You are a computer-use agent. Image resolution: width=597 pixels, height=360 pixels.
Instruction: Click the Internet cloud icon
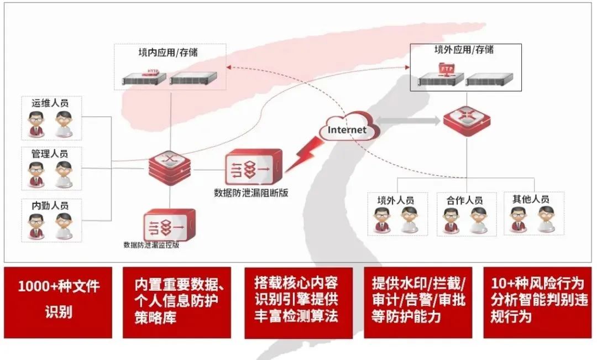tap(348, 129)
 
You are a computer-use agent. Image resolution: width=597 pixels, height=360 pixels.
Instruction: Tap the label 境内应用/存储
tap(168, 53)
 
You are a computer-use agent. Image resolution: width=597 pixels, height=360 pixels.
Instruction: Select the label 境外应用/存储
tap(464, 50)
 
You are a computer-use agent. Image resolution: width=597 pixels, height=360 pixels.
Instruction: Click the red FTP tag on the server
tap(446, 69)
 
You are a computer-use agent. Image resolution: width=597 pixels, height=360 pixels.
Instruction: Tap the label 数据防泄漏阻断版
tap(251, 193)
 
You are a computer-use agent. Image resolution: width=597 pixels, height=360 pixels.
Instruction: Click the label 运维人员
tap(50, 103)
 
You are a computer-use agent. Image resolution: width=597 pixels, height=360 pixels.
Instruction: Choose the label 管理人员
tap(50, 154)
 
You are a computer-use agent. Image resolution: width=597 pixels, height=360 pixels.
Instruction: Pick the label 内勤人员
tap(50, 205)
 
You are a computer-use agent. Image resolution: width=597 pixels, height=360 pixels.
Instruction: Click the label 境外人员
tap(395, 200)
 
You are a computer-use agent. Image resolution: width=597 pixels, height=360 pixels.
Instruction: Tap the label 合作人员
tap(464, 200)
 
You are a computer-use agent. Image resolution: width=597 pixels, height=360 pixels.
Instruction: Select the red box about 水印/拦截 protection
tap(418, 302)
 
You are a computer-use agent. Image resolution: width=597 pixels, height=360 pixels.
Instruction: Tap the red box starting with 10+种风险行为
tap(537, 302)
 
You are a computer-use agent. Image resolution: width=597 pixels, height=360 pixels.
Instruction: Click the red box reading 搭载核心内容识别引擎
tap(298, 302)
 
